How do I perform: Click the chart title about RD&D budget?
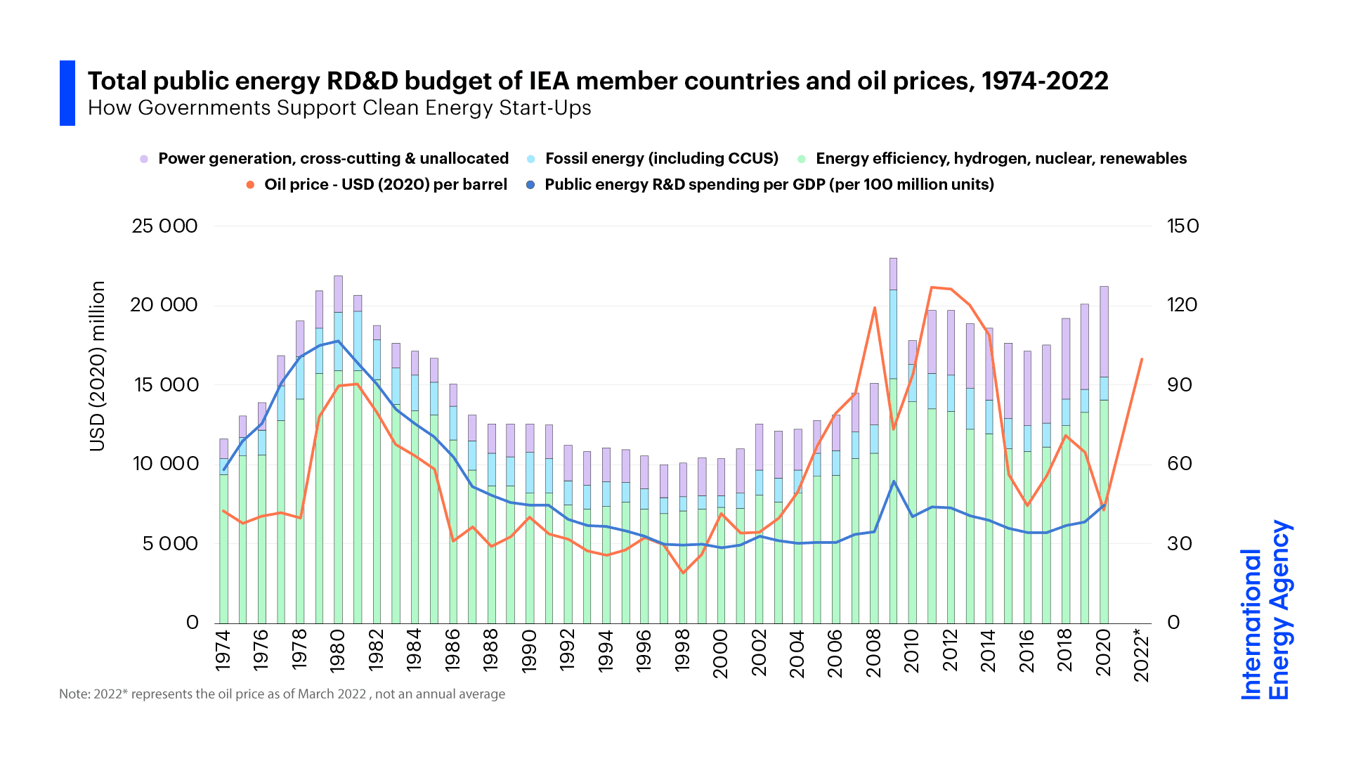coord(597,82)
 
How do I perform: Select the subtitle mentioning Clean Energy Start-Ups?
coord(339,108)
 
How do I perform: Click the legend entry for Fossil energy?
coord(661,159)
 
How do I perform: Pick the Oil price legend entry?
coord(385,185)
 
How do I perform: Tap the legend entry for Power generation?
coord(333,159)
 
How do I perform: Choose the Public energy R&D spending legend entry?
coord(769,185)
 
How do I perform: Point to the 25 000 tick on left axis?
coord(165,226)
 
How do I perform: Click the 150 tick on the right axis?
coord(1182,226)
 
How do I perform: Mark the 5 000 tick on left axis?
coord(170,543)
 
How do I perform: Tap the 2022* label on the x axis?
coord(1142,656)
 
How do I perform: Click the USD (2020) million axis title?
coord(98,365)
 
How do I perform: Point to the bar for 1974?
coord(223,534)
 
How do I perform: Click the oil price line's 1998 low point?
coord(682,573)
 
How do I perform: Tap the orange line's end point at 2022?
coord(1142,359)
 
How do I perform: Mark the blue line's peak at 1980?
coord(338,341)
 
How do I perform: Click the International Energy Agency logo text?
coord(1265,610)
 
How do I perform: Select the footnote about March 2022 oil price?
coord(282,694)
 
